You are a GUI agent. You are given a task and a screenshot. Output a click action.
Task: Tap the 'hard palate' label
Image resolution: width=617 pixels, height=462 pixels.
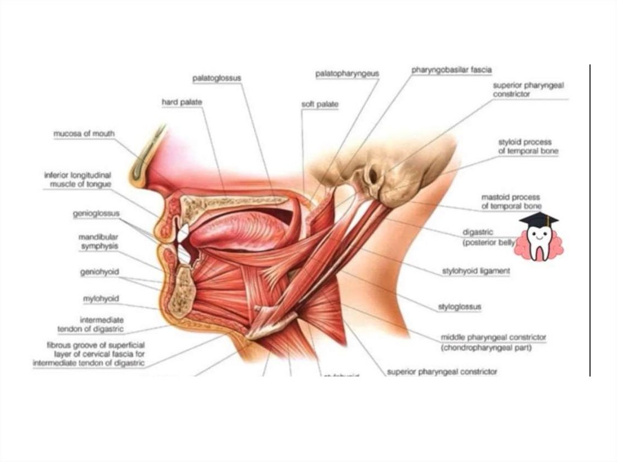(x=181, y=102)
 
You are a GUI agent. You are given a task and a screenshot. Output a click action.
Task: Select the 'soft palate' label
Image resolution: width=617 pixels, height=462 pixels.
(x=319, y=104)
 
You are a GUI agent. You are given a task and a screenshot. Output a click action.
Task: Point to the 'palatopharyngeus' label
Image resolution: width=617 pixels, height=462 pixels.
(x=347, y=73)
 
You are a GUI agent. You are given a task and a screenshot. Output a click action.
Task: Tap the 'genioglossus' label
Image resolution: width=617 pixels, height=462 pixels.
(x=100, y=213)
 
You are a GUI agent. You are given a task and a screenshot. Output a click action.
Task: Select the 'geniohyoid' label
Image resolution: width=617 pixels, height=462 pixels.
(x=99, y=272)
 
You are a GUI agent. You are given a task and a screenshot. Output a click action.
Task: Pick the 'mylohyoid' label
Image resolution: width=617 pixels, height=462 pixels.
(x=101, y=298)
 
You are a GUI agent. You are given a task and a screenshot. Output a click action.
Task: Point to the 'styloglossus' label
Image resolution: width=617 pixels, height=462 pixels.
(x=460, y=307)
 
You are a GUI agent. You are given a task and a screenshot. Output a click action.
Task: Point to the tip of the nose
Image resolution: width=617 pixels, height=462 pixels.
(x=136, y=181)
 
